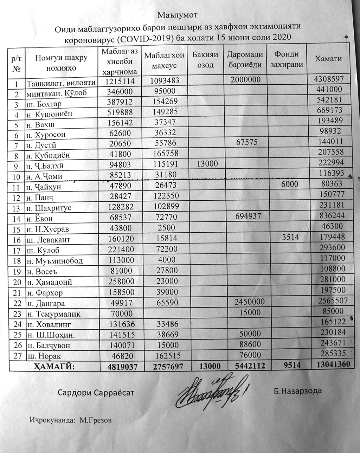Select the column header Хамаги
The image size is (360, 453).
tap(328, 59)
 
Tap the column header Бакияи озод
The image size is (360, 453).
tap(206, 60)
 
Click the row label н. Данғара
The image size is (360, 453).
tap(46, 303)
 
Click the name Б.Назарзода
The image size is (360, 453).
tap(298, 390)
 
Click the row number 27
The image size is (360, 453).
tap(15, 355)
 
